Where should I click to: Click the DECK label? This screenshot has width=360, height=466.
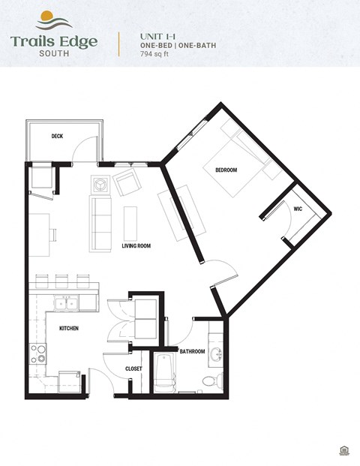pyautogui.click(x=57, y=136)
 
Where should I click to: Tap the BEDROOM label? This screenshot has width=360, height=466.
pyautogui.click(x=226, y=170)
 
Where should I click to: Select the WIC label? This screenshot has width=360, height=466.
pyautogui.click(x=298, y=209)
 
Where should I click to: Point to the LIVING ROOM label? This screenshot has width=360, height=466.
pyautogui.click(x=136, y=245)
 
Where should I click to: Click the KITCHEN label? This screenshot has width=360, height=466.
pyautogui.click(x=69, y=329)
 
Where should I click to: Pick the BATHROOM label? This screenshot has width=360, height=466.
pyautogui.click(x=192, y=351)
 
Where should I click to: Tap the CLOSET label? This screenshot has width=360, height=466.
pyautogui.click(x=133, y=369)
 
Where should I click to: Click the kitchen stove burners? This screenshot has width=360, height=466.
pyautogui.click(x=37, y=353)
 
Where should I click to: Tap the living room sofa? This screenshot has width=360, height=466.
pyautogui.click(x=100, y=224)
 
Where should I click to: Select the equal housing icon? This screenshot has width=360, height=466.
pyautogui.click(x=343, y=450)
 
